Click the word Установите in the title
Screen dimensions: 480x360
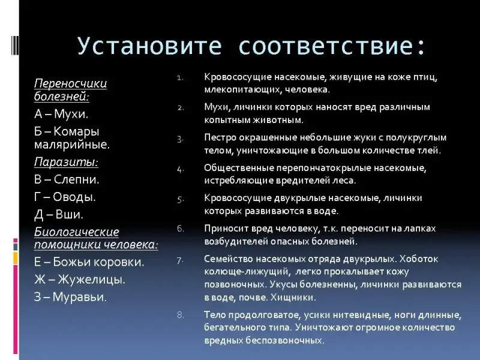(x=149, y=47)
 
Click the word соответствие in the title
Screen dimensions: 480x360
(x=326, y=47)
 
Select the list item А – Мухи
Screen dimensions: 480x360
(x=61, y=114)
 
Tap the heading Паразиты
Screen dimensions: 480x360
(x=66, y=162)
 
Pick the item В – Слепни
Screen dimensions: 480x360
(x=67, y=179)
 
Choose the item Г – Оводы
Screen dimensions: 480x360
(x=65, y=197)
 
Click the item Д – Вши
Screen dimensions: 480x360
(x=59, y=214)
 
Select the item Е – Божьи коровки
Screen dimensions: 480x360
(x=89, y=262)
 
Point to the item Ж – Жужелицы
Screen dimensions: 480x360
(x=80, y=280)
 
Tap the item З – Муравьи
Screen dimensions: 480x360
(x=70, y=297)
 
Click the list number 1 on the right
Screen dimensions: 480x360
(x=180, y=78)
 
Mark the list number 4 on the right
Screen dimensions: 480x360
(x=181, y=169)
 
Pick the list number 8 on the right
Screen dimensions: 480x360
(x=181, y=315)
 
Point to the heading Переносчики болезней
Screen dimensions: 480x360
(x=70, y=89)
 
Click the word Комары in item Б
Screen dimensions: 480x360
(x=76, y=131)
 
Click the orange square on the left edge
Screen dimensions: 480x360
(x=16, y=258)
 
